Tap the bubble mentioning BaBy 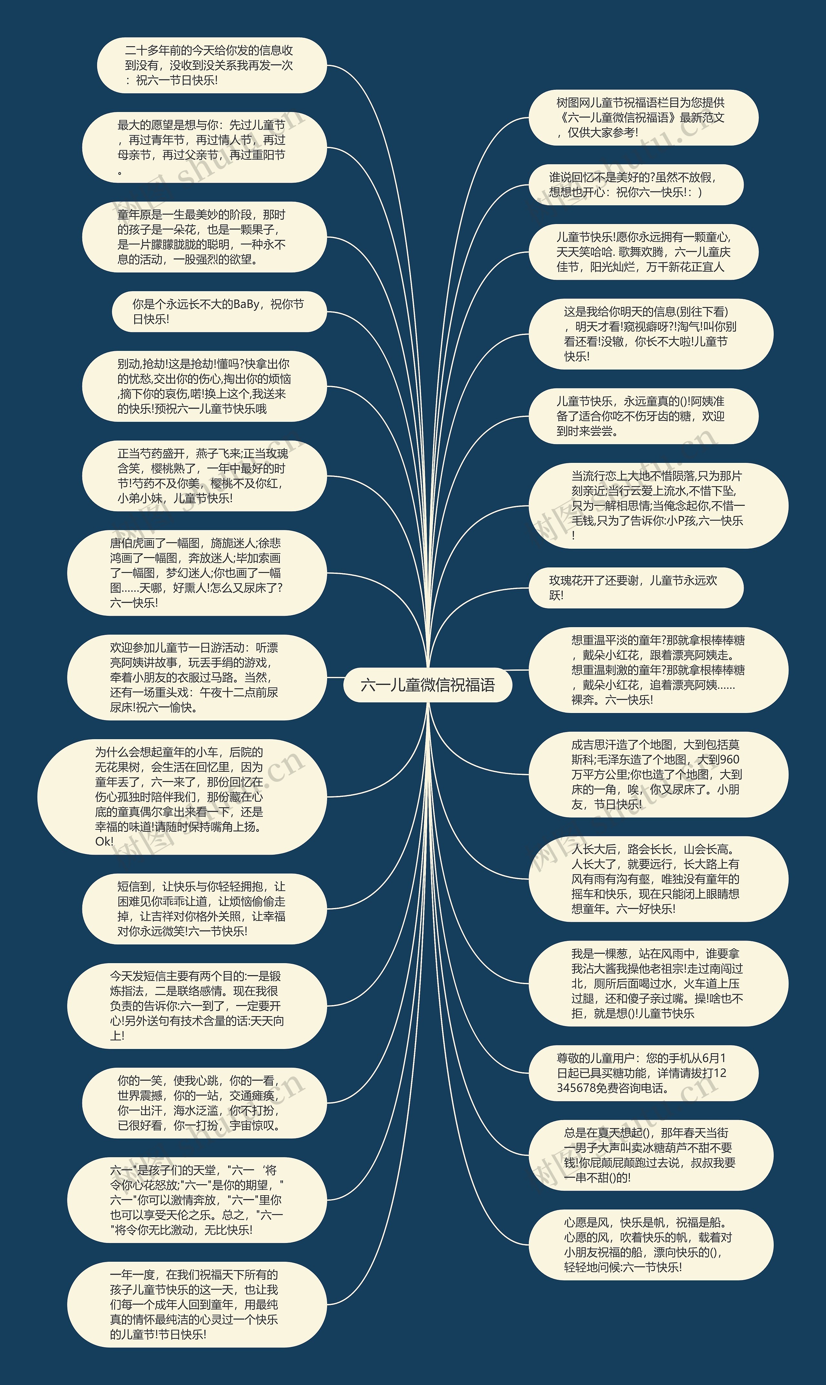coord(219,312)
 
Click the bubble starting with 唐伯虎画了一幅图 coord(196,573)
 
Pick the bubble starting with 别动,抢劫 coord(204,386)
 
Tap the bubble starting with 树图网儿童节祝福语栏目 coord(643,117)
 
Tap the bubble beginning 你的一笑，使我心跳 coord(204,1103)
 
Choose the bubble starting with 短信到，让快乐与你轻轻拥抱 coord(204,909)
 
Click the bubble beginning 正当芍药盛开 coord(204,476)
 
